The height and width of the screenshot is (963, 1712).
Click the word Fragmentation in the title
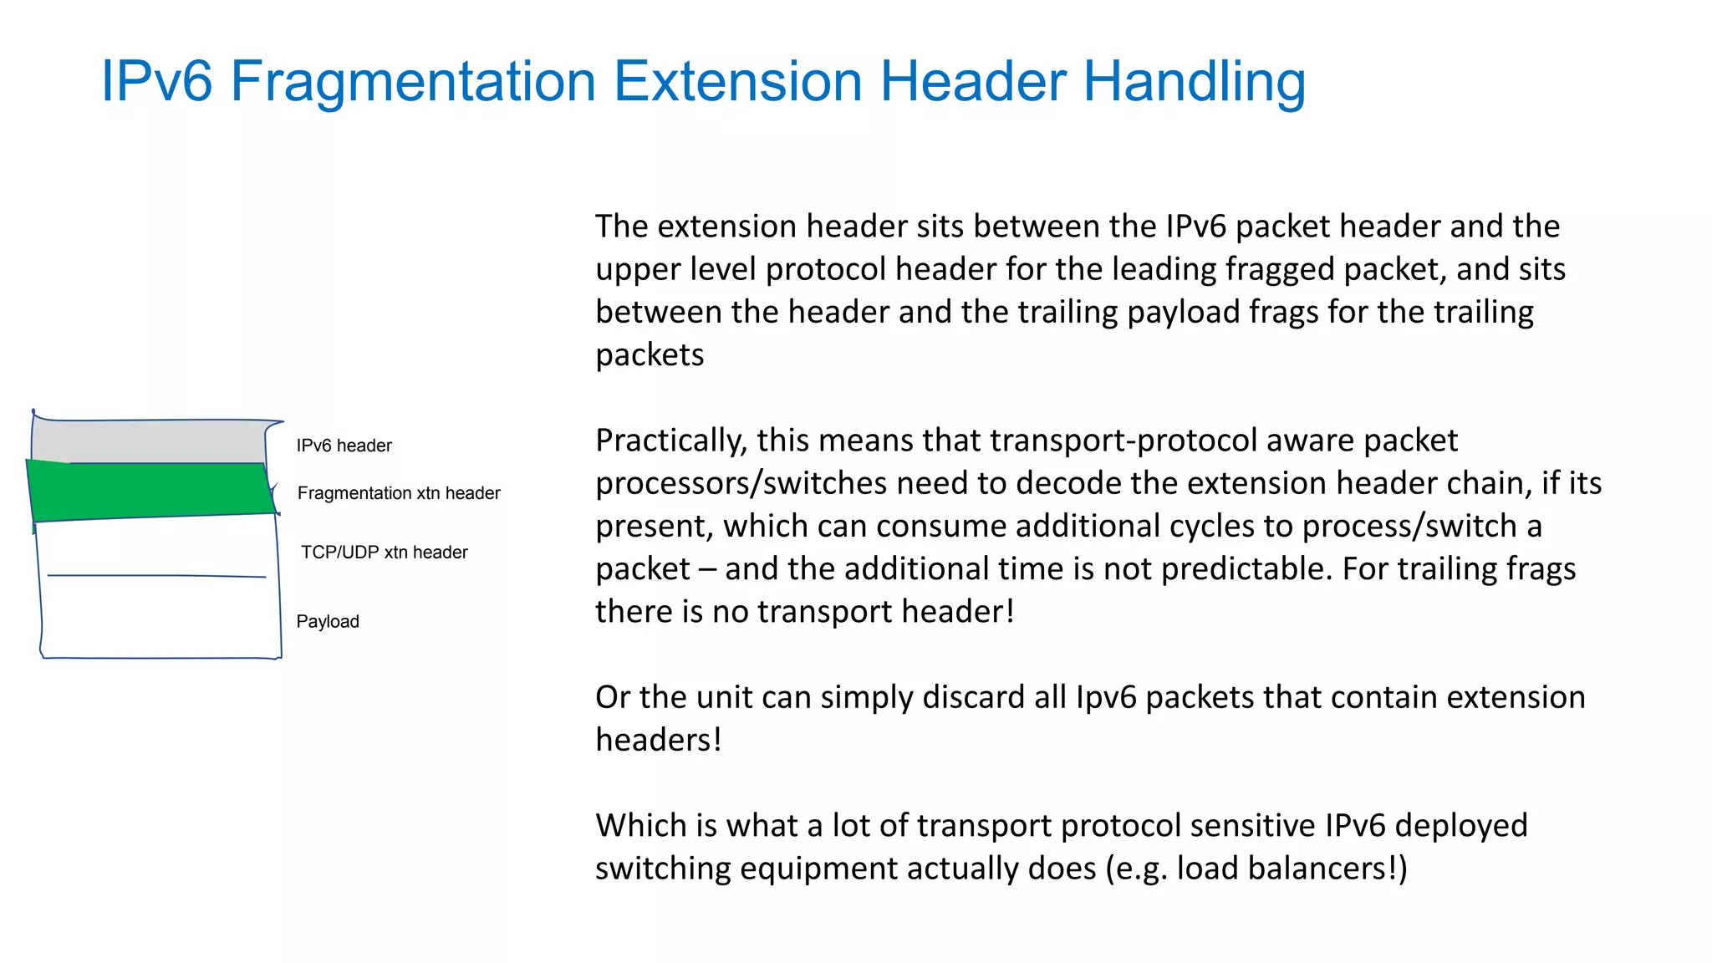tap(412, 82)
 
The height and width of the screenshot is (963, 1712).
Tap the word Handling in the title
tap(1195, 82)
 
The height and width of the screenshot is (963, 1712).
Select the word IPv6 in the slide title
tap(156, 82)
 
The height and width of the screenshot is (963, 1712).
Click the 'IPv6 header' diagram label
tap(344, 446)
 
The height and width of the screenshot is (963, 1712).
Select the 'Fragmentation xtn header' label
tap(399, 493)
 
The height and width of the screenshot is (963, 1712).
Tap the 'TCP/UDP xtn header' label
tap(384, 553)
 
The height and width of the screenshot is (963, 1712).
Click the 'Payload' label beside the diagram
tap(328, 622)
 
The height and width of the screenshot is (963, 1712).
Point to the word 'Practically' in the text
tap(671, 441)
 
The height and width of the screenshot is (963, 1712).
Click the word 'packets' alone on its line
tap(650, 355)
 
